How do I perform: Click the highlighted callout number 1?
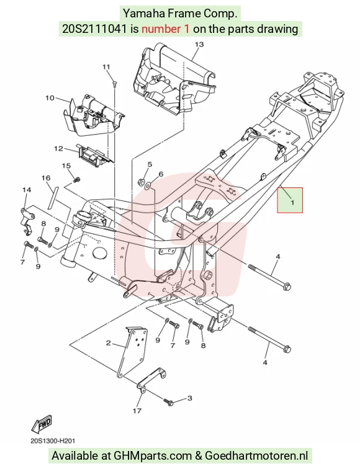coord(292,202)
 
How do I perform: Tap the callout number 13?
coord(199,44)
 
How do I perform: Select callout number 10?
coord(50,97)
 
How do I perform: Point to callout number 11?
coord(106,67)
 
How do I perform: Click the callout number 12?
coord(58,148)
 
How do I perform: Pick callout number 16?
coord(46,178)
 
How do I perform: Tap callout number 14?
coord(27,190)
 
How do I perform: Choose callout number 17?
coord(137,411)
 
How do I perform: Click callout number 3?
coord(190,398)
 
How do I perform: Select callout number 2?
coord(109,343)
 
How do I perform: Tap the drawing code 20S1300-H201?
coord(53,441)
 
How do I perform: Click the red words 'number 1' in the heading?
coord(166,29)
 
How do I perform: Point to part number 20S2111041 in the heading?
coord(94,29)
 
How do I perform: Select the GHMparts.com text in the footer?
coord(153,455)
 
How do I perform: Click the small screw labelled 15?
coord(76,179)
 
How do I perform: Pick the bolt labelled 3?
coord(168,401)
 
